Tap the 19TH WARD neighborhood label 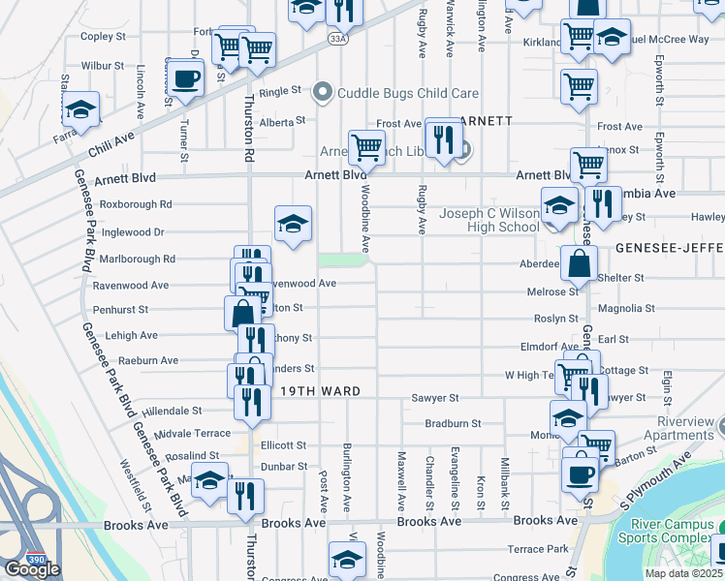(321, 391)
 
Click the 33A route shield (336, 39)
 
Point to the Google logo (32, 569)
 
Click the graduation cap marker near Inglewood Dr (293, 225)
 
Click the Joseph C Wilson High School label (489, 220)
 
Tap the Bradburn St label (453, 423)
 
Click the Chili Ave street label (110, 141)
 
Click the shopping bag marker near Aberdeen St (579, 263)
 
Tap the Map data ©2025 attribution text (683, 573)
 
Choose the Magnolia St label (626, 309)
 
